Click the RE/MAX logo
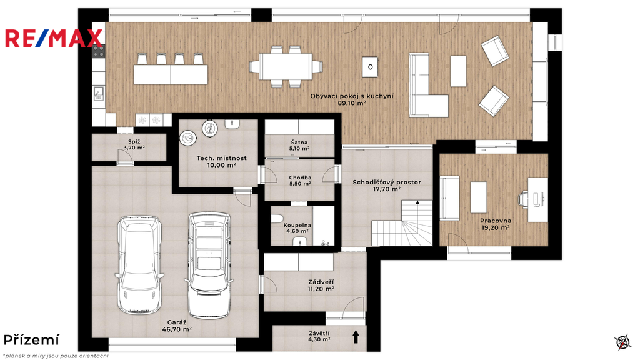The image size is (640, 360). click(54, 38)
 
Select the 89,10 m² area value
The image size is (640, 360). click(352, 103)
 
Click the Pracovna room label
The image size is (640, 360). click(496, 221)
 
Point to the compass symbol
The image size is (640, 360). click(623, 342)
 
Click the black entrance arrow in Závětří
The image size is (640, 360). click(356, 337)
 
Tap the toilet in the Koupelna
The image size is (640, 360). click(277, 218)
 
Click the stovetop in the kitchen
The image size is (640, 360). click(98, 51)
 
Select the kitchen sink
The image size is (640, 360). click(98, 93)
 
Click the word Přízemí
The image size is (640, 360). click(31, 340)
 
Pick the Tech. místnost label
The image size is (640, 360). click(222, 158)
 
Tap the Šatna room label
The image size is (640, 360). click(299, 142)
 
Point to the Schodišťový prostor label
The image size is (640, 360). click(386, 182)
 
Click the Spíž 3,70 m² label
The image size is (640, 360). click(134, 144)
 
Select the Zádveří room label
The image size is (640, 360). click(321, 282)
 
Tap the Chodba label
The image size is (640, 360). click(300, 177)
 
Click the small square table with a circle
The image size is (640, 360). click(370, 66)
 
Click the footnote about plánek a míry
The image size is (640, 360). click(56, 356)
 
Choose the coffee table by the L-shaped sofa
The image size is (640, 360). click(458, 71)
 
